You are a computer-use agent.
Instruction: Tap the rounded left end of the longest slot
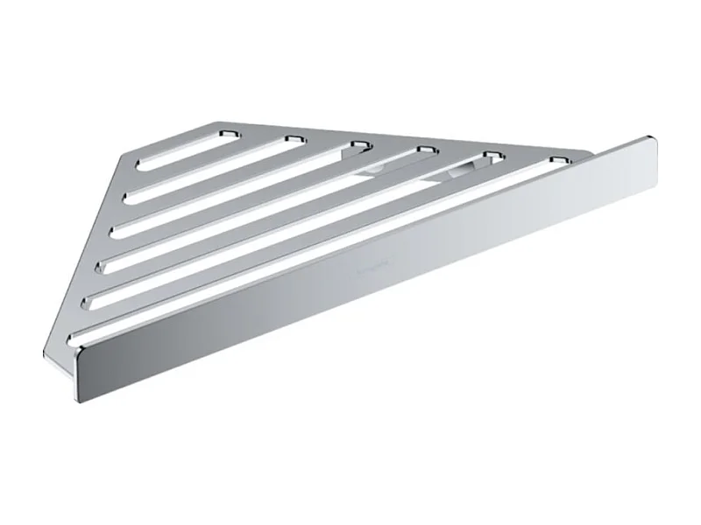[x=74, y=335]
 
